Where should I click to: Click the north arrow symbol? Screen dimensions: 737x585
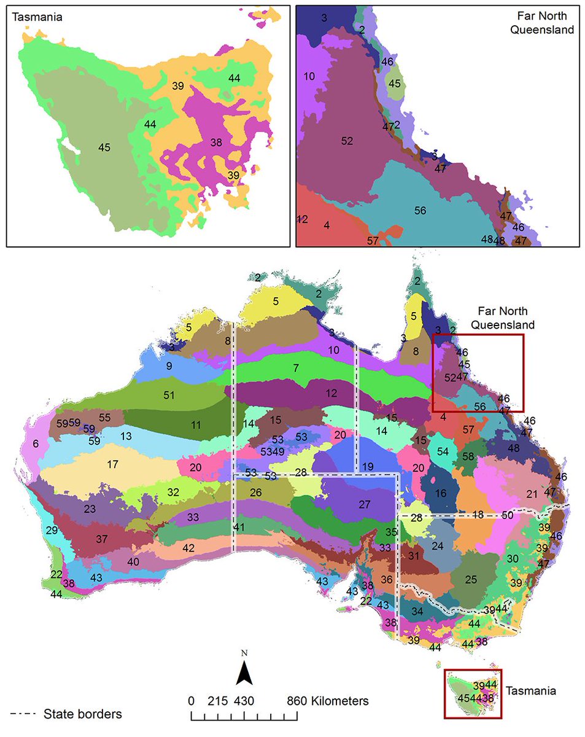tap(244, 671)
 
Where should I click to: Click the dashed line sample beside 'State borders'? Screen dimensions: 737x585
tap(21, 714)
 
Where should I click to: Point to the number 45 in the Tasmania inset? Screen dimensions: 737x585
tap(104, 147)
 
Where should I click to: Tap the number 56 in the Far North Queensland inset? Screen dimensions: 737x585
tap(420, 211)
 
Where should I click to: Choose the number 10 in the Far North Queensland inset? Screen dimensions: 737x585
tap(309, 76)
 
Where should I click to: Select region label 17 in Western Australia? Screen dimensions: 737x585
tap(112, 465)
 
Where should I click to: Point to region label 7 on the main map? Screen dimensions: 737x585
tap(295, 368)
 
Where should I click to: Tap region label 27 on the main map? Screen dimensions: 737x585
tap(365, 504)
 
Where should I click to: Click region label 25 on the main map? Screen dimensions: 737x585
tap(471, 579)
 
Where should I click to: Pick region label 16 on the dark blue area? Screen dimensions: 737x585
tap(440, 493)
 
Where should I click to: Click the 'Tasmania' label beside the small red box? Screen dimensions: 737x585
tap(531, 691)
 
